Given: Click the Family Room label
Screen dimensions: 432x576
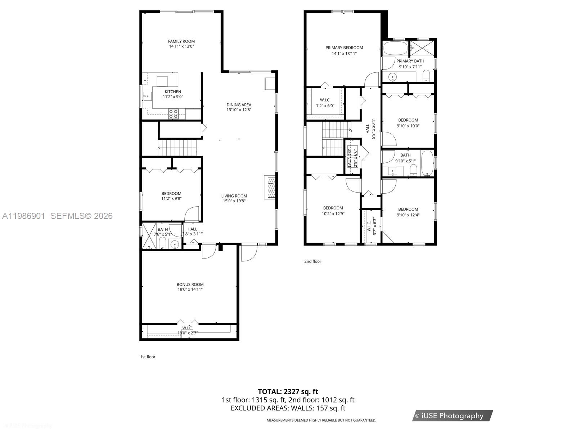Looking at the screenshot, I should pyautogui.click(x=181, y=41).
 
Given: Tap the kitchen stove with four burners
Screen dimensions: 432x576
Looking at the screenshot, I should pyautogui.click(x=173, y=114).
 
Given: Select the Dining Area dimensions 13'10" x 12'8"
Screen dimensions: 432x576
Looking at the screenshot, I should pyautogui.click(x=239, y=110).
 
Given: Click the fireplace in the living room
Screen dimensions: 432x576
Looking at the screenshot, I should pyautogui.click(x=270, y=187).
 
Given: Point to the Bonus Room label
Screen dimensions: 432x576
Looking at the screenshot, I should pyautogui.click(x=190, y=284).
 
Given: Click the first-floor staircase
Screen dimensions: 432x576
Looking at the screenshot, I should pyautogui.click(x=177, y=148).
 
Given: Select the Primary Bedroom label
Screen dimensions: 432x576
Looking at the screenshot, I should pyautogui.click(x=344, y=48).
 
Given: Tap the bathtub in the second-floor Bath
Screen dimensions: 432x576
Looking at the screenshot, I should pyautogui.click(x=427, y=164).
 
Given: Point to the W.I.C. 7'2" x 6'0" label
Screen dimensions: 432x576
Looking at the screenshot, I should pyautogui.click(x=325, y=100).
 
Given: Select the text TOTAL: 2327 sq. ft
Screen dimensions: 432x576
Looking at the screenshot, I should pyautogui.click(x=288, y=391).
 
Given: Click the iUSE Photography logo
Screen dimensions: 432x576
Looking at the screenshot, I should pyautogui.click(x=453, y=416).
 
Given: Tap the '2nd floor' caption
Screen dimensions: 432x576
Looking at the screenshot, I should pyautogui.click(x=312, y=261).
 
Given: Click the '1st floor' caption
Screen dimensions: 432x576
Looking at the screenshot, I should pyautogui.click(x=148, y=357).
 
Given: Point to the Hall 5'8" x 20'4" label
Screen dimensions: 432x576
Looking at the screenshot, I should pyautogui.click(x=368, y=129).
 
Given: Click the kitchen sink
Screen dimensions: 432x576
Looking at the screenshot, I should pyautogui.click(x=148, y=96).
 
